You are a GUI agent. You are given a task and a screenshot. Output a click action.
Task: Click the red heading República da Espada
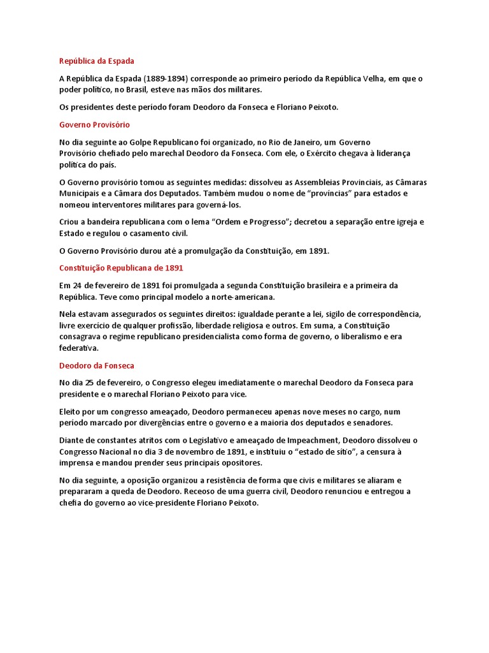coord(97,61)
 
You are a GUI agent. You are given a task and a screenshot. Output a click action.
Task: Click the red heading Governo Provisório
coord(94,124)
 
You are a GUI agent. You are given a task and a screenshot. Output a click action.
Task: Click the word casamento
coord(160,233)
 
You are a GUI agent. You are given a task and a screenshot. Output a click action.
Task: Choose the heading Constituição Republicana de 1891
coord(121,268)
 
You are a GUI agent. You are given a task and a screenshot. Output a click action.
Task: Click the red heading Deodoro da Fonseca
coord(97,365)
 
